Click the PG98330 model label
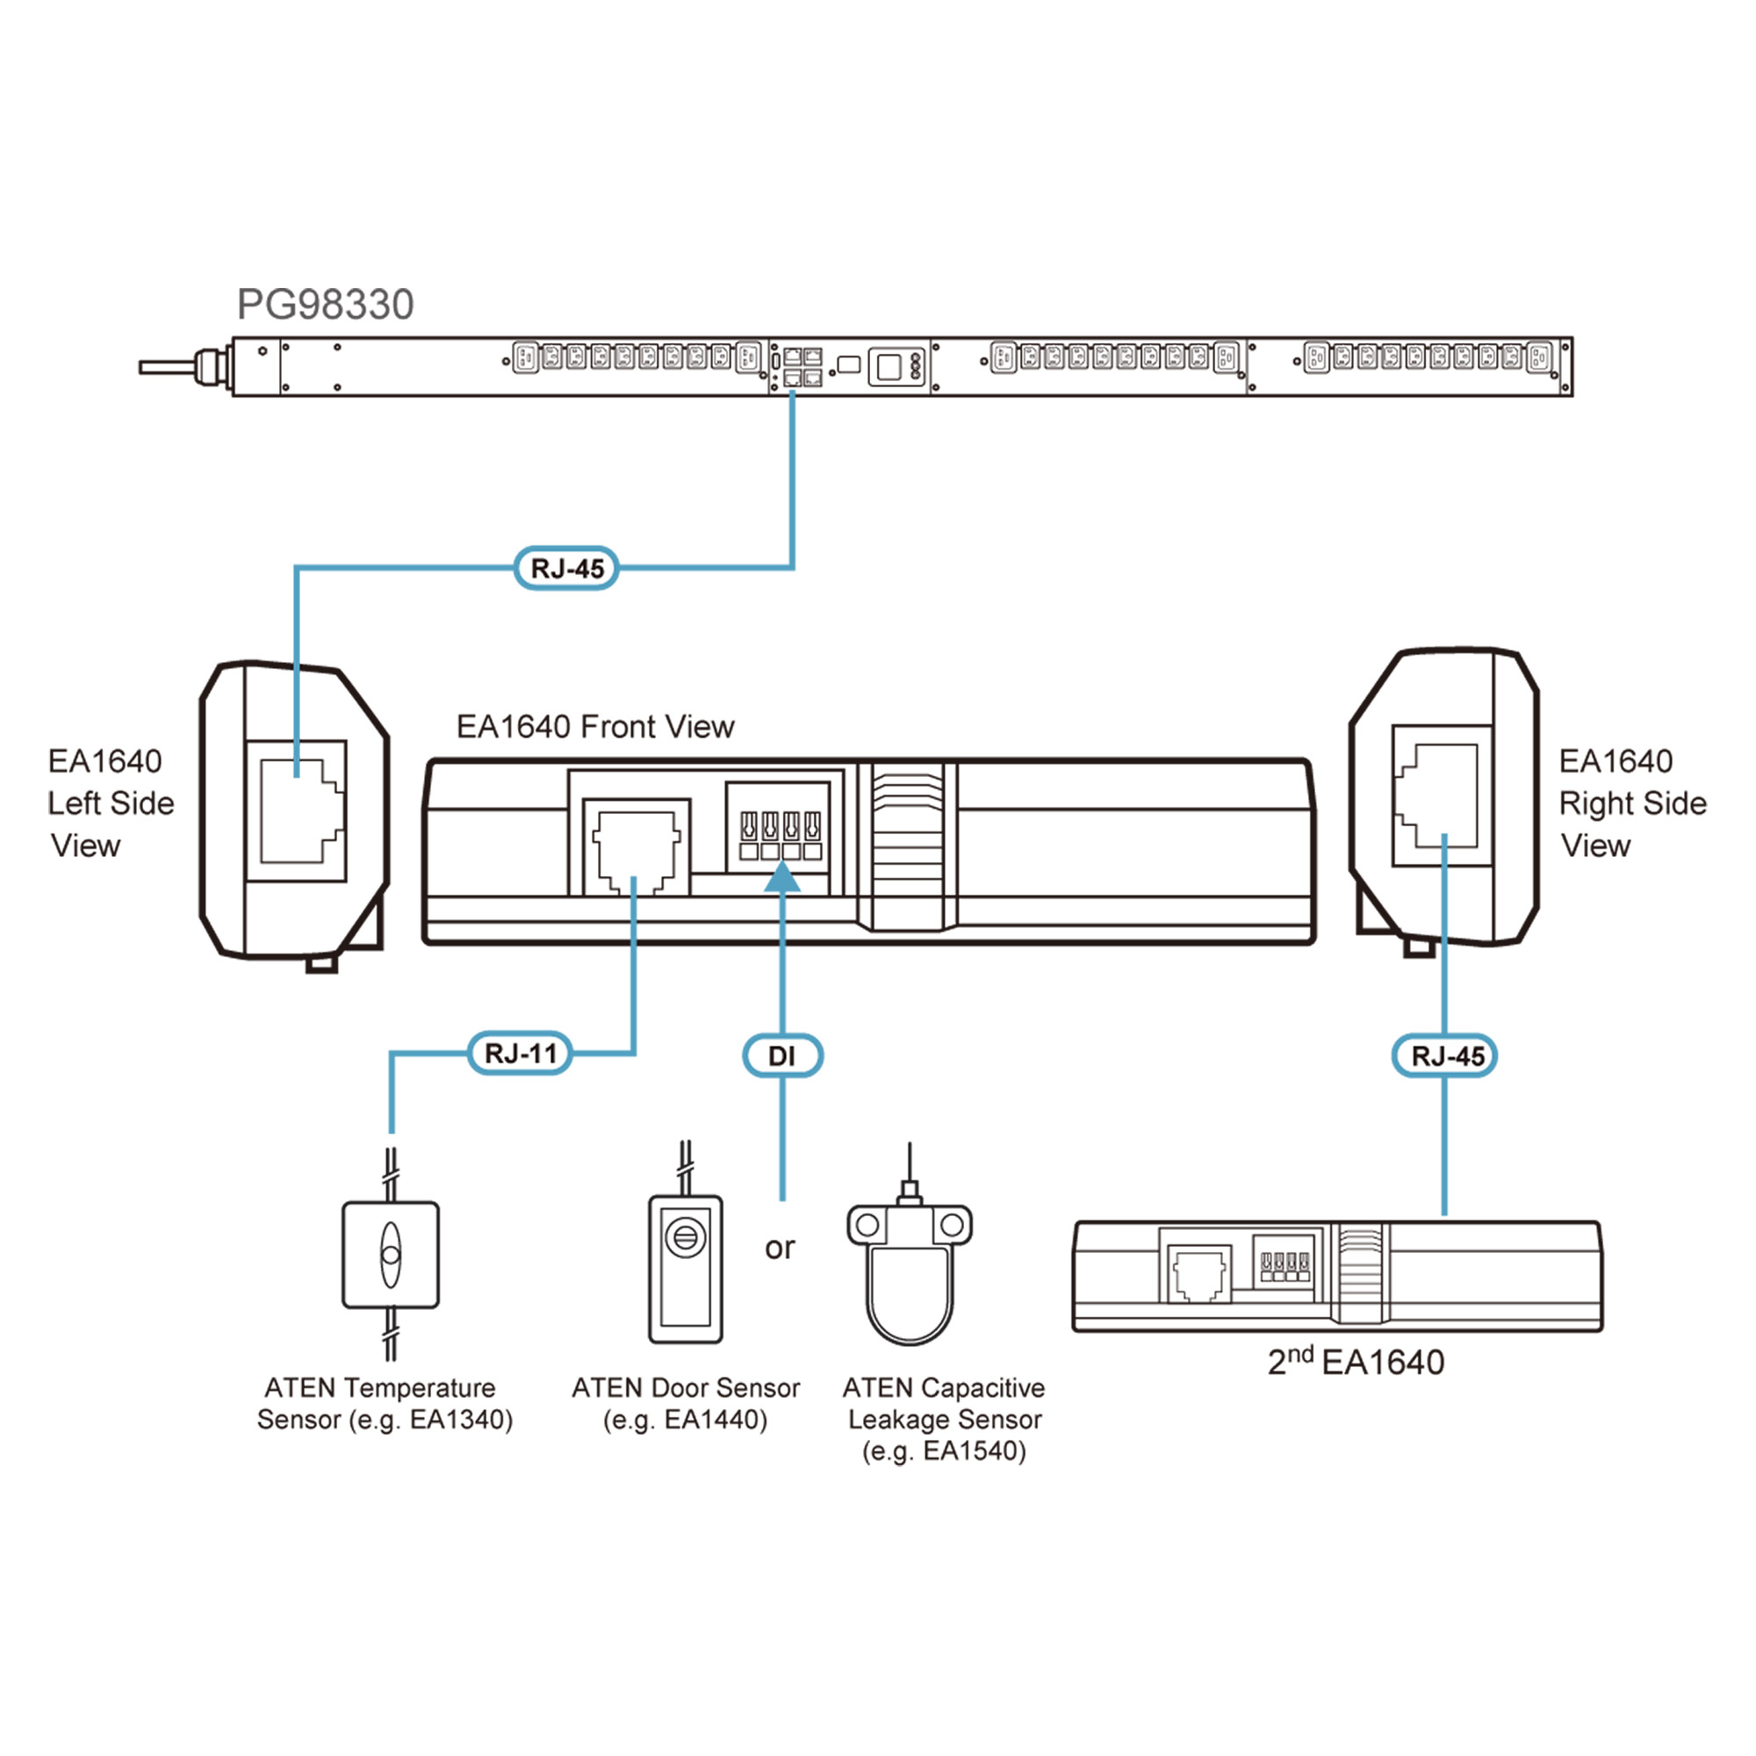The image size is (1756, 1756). (325, 305)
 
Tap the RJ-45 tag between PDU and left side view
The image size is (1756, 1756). (566, 569)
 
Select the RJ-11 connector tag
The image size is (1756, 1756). (520, 1054)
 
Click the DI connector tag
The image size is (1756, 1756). (781, 1056)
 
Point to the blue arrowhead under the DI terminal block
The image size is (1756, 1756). (781, 877)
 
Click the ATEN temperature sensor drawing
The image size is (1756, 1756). (390, 1256)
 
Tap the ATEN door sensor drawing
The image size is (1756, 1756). (686, 1269)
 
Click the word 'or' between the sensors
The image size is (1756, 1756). (780, 1248)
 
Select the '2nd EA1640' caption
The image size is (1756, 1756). (1355, 1362)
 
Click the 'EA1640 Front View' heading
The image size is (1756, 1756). (594, 727)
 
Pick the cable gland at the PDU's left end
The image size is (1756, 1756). (210, 367)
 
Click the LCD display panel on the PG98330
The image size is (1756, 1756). (889, 367)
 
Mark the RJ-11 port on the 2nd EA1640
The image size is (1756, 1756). (1198, 1274)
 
